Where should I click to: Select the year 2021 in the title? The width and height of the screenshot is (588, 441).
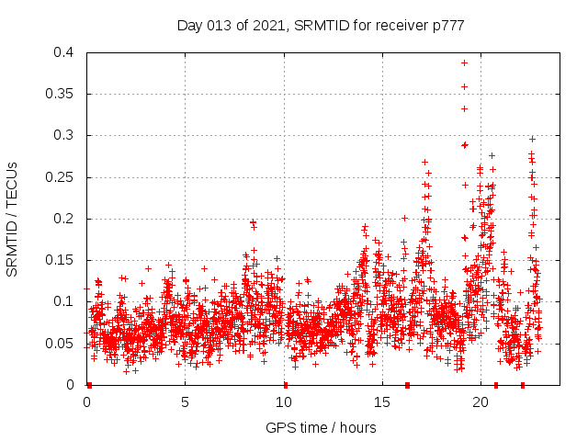(x=267, y=26)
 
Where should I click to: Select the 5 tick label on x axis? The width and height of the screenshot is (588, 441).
(x=185, y=402)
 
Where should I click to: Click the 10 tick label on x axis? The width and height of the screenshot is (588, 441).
(x=284, y=402)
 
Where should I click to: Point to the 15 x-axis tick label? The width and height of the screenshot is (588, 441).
(x=382, y=402)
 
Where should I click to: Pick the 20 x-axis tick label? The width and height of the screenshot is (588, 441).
(x=481, y=402)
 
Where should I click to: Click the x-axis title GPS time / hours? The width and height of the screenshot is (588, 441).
(x=321, y=427)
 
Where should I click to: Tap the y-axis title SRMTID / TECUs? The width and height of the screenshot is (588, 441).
(x=13, y=219)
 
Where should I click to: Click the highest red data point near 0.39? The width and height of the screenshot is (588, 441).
(x=465, y=63)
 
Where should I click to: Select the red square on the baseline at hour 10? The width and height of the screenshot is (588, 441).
(x=285, y=385)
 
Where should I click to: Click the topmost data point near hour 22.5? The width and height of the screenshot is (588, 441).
(x=532, y=139)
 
